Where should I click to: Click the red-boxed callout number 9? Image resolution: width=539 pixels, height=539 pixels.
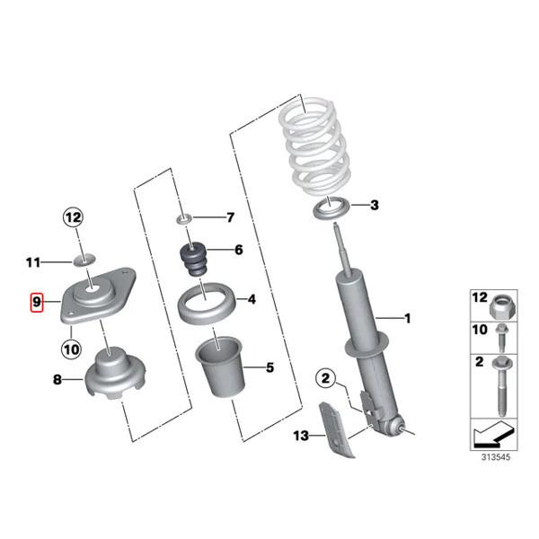[37, 303]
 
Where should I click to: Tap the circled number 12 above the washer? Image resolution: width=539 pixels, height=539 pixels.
[73, 217]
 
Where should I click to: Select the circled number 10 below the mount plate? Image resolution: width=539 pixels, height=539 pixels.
[71, 349]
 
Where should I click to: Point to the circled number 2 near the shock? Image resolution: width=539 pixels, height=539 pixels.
[325, 378]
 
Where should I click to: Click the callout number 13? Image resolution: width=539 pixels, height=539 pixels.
[301, 436]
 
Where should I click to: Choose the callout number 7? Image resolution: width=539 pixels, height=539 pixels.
[230, 217]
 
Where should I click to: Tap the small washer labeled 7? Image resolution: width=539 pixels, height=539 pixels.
[184, 218]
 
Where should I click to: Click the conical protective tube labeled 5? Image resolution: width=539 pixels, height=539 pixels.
[219, 367]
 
